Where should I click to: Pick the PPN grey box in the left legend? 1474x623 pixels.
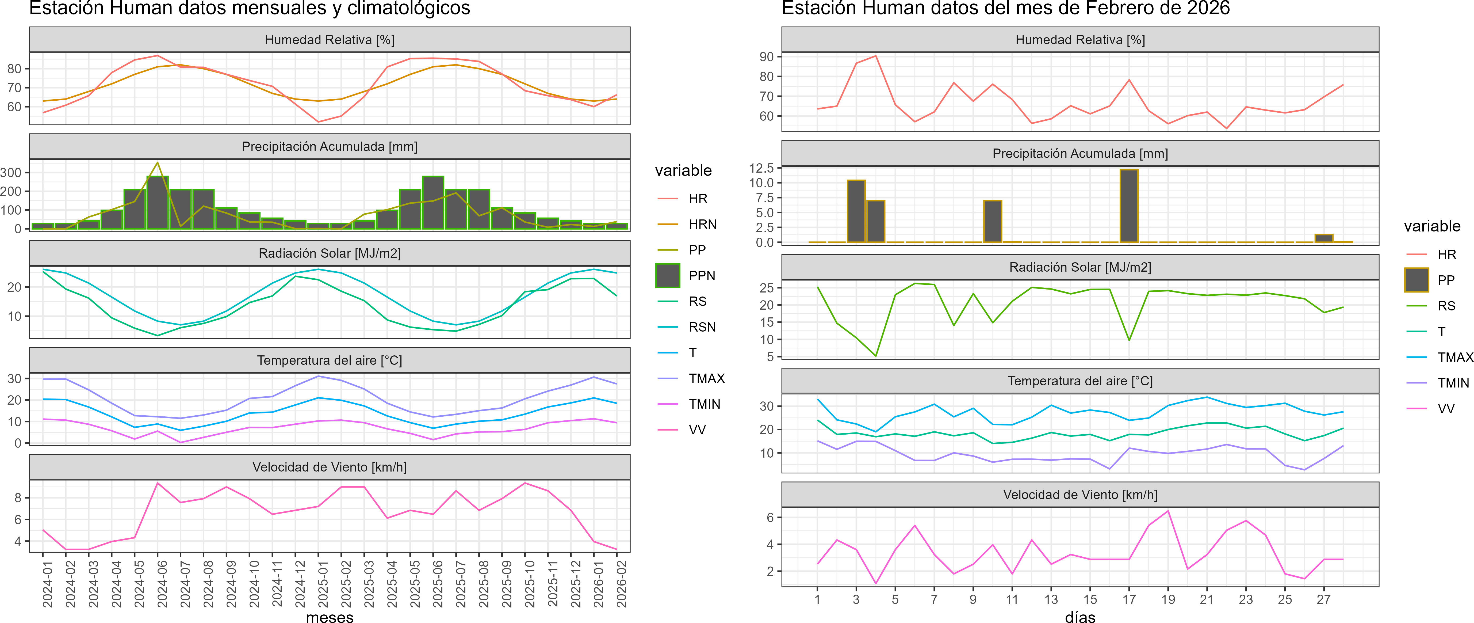coord(667,275)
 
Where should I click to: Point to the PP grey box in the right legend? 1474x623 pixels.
coord(1416,280)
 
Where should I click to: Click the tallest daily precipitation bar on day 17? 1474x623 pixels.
coord(1129,206)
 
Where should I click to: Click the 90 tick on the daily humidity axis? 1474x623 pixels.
coord(766,57)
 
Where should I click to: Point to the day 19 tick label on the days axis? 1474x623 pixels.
coord(1168,599)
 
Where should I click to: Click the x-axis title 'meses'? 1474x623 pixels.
coord(330,617)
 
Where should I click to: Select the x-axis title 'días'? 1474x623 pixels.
coord(1080,617)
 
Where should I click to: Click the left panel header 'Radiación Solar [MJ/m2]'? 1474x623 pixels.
coord(330,253)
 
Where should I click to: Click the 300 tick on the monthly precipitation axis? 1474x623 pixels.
coord(11,172)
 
